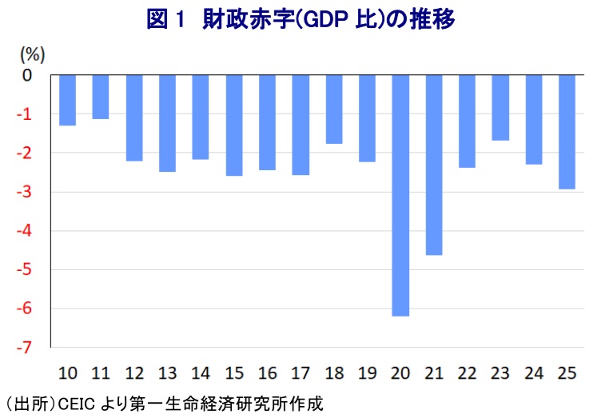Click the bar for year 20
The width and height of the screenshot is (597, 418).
[x=400, y=195]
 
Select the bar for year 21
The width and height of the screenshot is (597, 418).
[x=433, y=165]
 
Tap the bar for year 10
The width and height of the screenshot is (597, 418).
[x=67, y=100]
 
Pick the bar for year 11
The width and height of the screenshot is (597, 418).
[x=101, y=97]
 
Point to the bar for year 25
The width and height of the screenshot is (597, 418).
[x=567, y=132]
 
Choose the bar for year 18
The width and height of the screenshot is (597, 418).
[x=333, y=109]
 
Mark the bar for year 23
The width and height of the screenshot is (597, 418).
[x=500, y=107]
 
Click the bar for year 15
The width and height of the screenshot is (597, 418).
[x=233, y=125]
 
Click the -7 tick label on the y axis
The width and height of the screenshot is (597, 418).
[x=26, y=348]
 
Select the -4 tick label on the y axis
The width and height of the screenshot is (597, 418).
[x=26, y=231]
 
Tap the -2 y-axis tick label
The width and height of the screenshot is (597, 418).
[x=26, y=153]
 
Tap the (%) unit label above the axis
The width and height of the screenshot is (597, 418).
[x=33, y=54]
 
